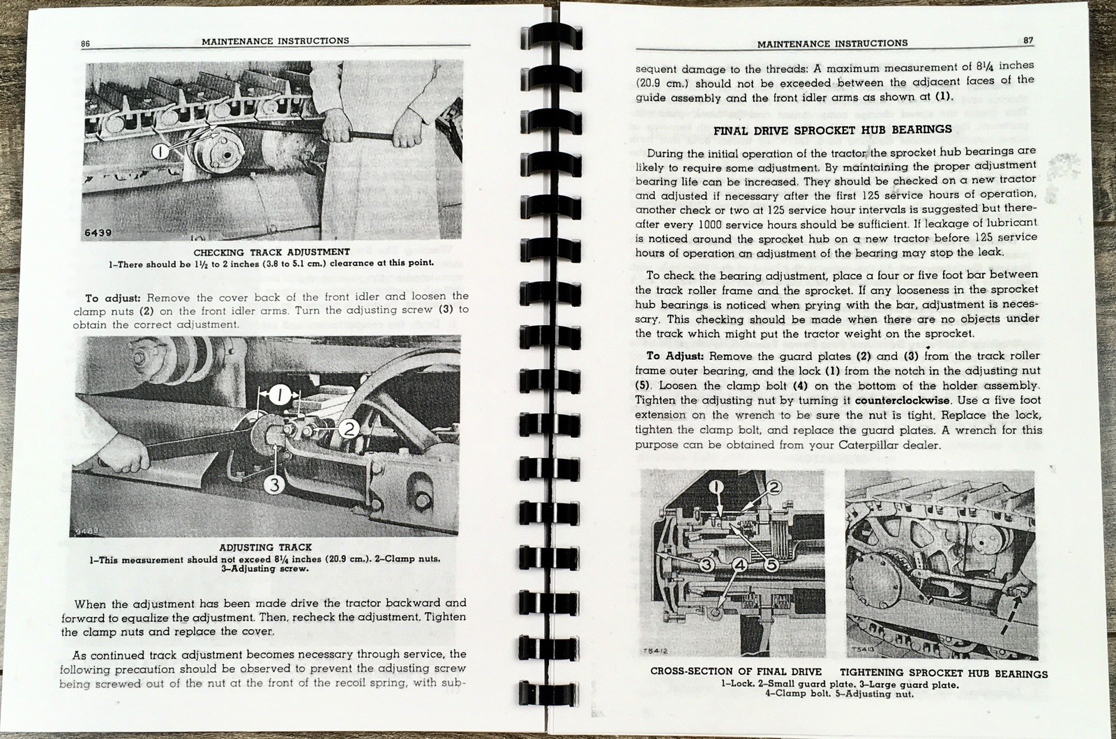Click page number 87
(1028, 40)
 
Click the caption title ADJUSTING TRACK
(266, 547)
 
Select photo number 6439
(98, 231)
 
